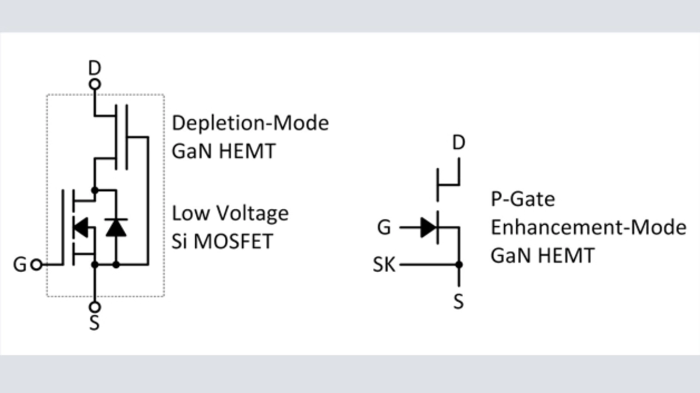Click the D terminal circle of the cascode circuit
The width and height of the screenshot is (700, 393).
click(x=95, y=84)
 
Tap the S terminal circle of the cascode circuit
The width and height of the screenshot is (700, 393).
click(x=95, y=307)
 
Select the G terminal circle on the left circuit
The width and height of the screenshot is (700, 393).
click(x=37, y=265)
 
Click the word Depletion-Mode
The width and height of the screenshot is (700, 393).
click(x=250, y=123)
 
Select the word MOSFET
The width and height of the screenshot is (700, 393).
click(x=234, y=241)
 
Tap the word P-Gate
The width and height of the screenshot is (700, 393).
click(x=522, y=199)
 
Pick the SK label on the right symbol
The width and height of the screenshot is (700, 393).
click(x=384, y=265)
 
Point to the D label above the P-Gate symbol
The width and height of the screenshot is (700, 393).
click(x=459, y=143)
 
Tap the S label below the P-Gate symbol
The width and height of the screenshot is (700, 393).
click(x=459, y=301)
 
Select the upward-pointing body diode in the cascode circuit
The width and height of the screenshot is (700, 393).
click(x=116, y=227)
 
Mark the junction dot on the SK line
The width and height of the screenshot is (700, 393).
click(x=459, y=265)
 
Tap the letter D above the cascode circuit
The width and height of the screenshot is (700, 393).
click(x=95, y=68)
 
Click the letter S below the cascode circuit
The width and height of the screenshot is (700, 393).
click(x=95, y=323)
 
